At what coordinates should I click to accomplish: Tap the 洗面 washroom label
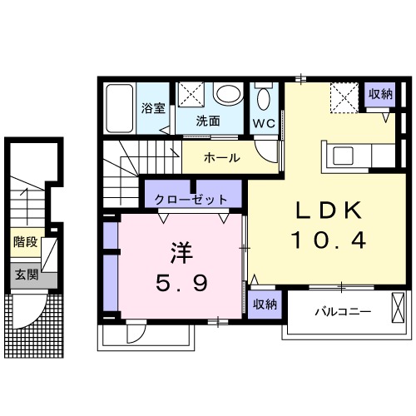208,120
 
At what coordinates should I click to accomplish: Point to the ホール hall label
221,157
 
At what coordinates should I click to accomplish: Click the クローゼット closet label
191,200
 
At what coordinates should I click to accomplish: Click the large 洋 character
176,250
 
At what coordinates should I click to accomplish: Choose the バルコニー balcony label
342,312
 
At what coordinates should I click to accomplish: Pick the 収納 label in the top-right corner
380,93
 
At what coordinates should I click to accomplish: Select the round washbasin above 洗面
224,94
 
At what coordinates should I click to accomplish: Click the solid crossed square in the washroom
191,95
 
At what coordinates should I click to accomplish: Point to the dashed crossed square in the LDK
342,97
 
